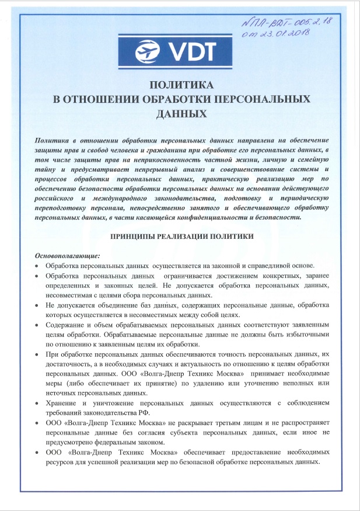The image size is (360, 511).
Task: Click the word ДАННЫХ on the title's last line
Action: tap(181, 113)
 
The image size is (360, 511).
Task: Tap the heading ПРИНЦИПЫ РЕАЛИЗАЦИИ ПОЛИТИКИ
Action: tap(182, 237)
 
